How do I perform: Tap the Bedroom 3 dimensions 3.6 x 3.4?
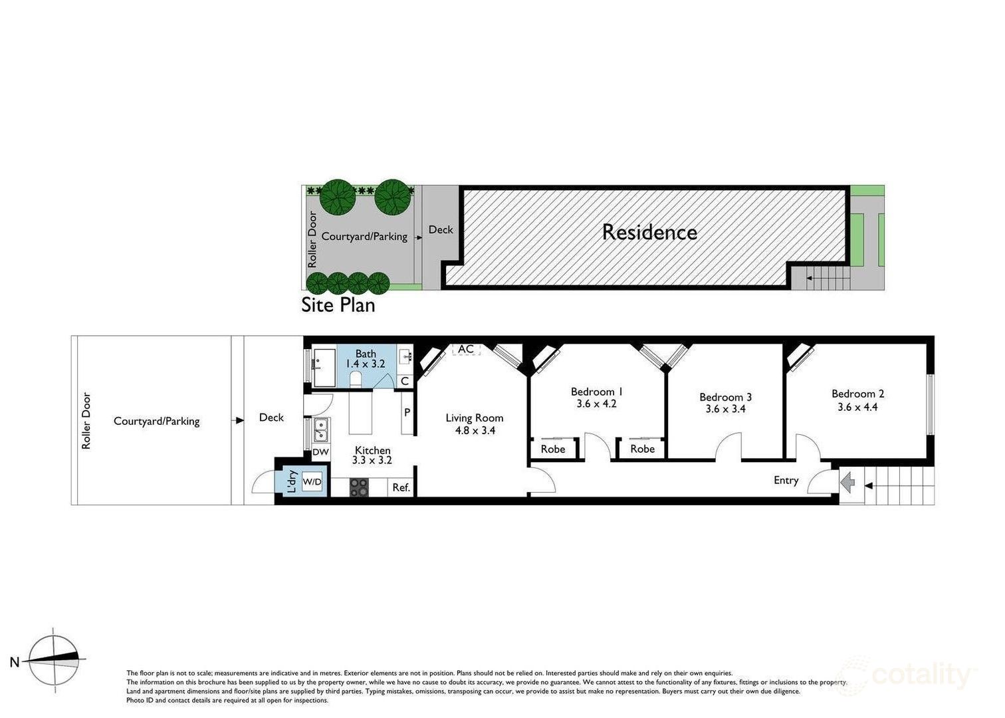click(x=725, y=409)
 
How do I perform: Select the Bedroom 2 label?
click(x=858, y=394)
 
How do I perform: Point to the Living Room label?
click(x=474, y=418)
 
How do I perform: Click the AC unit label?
click(x=466, y=348)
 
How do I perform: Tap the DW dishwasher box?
click(x=321, y=452)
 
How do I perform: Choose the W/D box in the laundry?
click(x=312, y=482)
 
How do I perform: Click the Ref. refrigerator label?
click(x=401, y=487)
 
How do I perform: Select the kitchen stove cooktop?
click(x=359, y=487)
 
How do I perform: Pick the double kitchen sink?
click(x=321, y=429)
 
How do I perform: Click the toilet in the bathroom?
click(x=356, y=379)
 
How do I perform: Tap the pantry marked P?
click(x=407, y=412)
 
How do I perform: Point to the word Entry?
click(x=786, y=480)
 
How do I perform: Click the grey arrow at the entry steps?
click(x=847, y=483)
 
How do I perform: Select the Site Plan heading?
click(x=338, y=305)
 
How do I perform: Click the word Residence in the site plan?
click(x=649, y=232)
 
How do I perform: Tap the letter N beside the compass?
click(x=15, y=661)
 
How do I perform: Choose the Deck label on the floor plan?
click(x=271, y=418)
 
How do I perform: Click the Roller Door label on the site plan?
click(x=312, y=239)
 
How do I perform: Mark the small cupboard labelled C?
click(x=405, y=381)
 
